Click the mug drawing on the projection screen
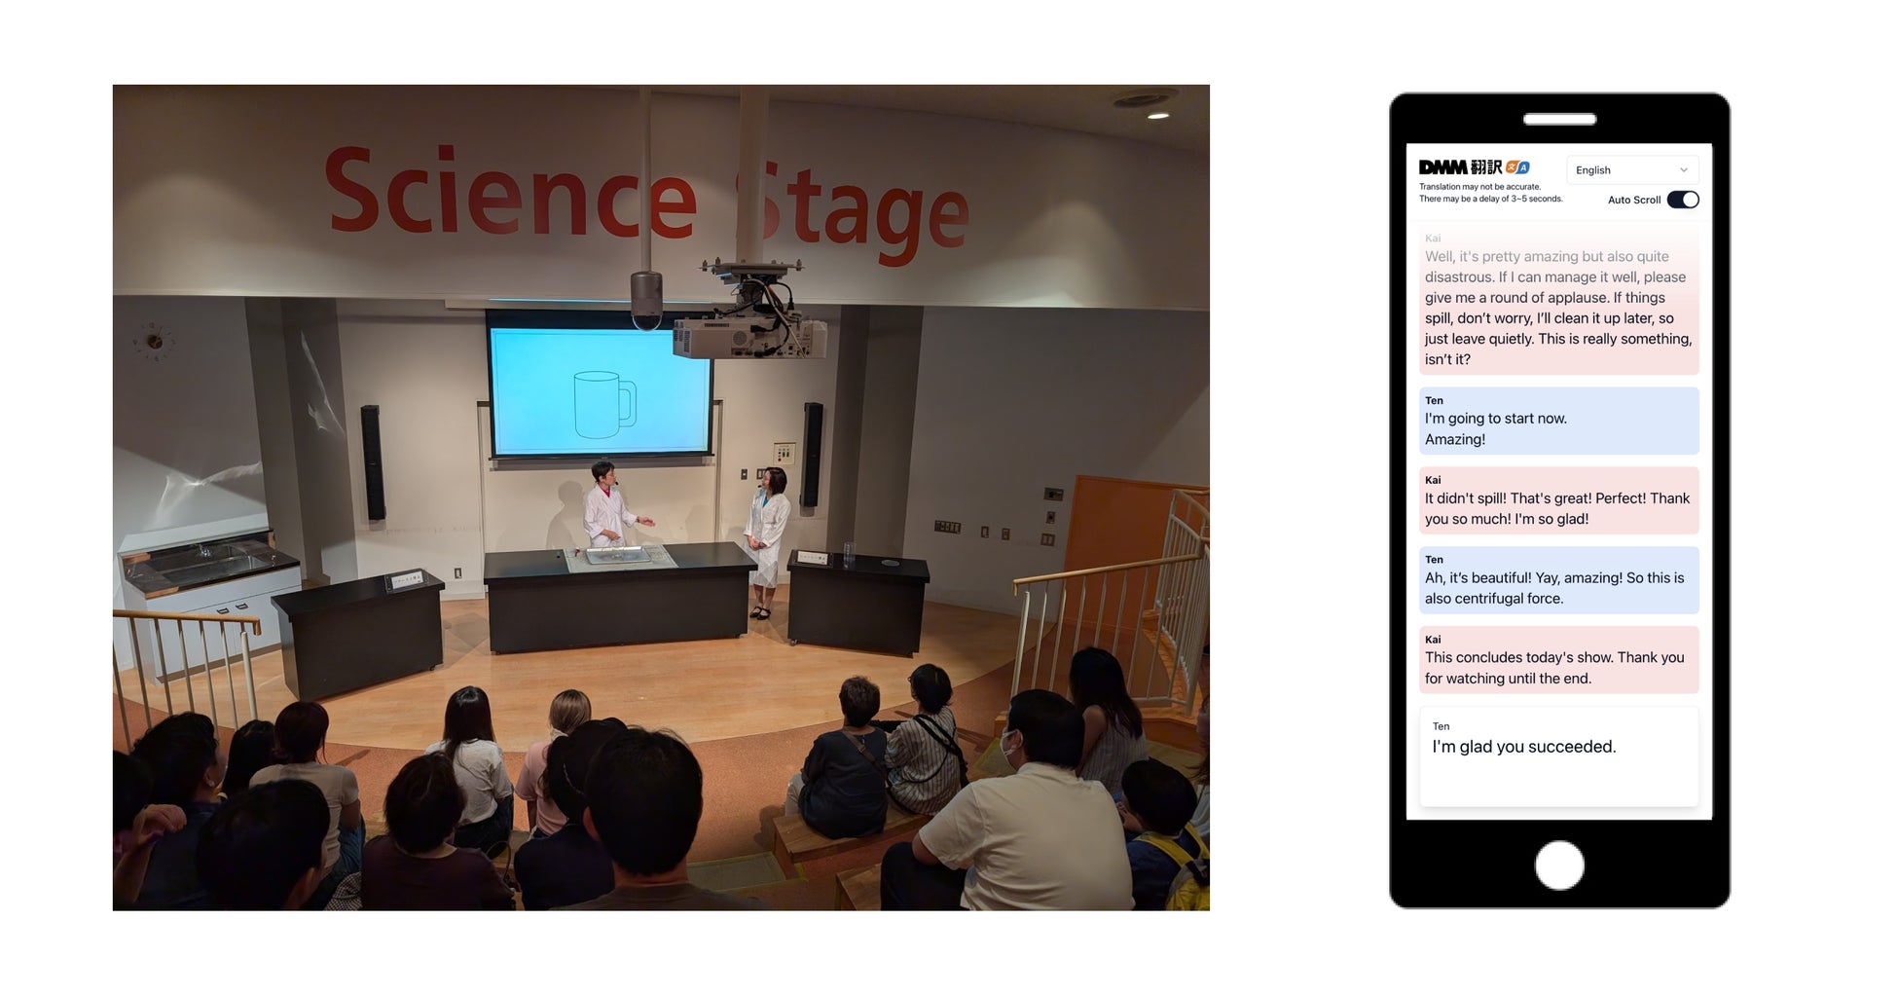click(604, 404)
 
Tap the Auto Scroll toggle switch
click(1683, 200)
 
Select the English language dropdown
click(1632, 170)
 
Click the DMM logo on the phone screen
click(1444, 167)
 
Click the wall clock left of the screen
click(153, 342)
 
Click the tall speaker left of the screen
click(372, 462)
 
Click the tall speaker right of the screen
click(812, 455)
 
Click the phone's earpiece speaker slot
click(1559, 119)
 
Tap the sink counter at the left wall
click(209, 565)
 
